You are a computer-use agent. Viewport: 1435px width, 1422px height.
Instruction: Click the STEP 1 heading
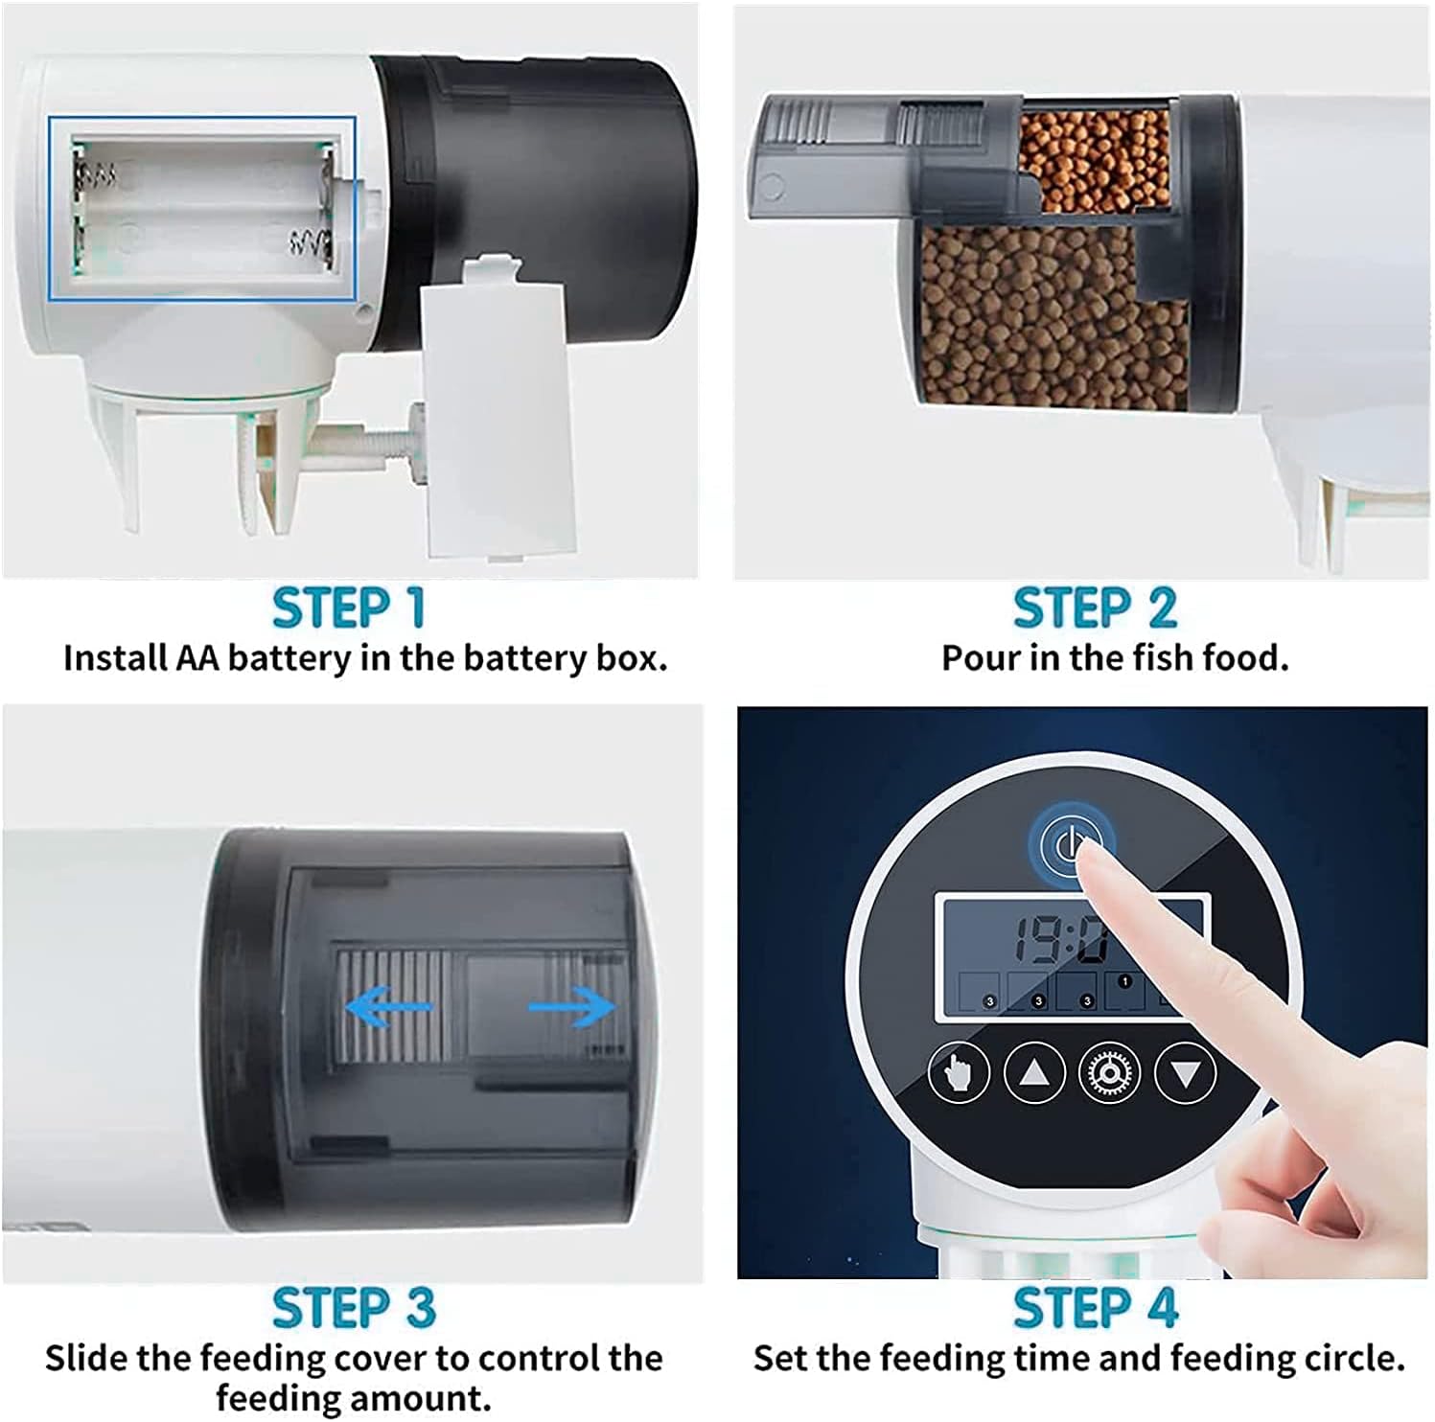(348, 608)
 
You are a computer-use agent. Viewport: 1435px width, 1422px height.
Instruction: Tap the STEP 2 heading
(1095, 608)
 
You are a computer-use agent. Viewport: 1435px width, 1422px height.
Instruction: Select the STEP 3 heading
(354, 1308)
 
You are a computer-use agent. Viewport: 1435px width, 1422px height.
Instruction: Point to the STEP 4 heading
(1095, 1308)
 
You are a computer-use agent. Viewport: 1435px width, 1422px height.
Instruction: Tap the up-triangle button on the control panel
(1034, 1072)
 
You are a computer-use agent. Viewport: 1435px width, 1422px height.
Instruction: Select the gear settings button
(1110, 1072)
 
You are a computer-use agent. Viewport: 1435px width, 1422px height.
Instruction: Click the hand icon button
(959, 1072)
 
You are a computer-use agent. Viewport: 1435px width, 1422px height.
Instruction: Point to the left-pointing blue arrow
(388, 1006)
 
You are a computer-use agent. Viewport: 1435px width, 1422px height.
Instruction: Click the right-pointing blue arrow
(572, 1006)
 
